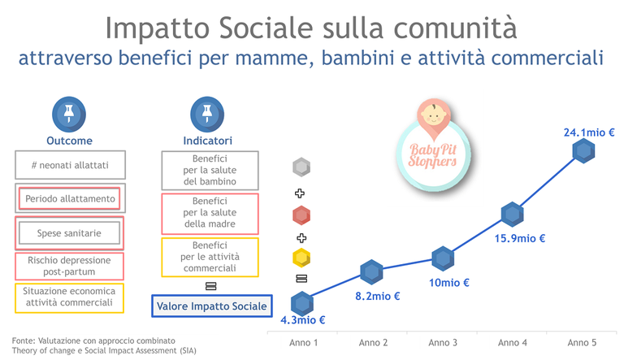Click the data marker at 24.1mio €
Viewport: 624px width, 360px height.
583,151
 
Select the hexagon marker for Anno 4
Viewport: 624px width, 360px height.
511,215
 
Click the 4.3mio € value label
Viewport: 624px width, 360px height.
302,320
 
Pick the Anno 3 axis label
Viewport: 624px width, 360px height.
444,342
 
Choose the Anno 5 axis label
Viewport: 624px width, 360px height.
583,342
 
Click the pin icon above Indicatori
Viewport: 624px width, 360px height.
201,114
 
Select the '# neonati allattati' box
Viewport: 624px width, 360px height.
69,164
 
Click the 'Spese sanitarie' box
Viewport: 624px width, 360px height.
69,233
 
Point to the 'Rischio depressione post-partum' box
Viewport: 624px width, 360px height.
69,266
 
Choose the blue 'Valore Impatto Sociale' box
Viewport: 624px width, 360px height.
211,306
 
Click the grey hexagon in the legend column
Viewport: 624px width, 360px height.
301,168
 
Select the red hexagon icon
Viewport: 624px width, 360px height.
301,215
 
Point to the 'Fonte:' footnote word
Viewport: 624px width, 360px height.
27,340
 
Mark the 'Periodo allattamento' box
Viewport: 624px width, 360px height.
69,198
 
